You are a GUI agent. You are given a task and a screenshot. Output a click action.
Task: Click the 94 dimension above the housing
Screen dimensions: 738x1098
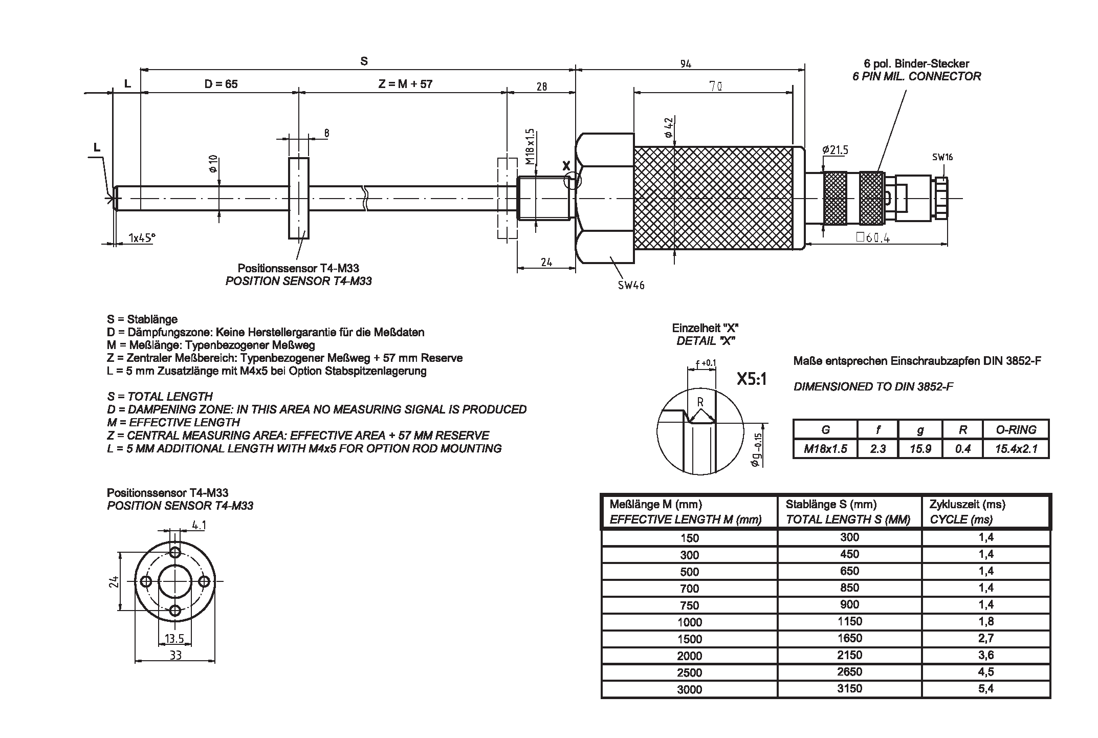pyautogui.click(x=686, y=64)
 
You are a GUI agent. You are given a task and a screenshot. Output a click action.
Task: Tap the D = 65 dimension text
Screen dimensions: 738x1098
pyautogui.click(x=221, y=84)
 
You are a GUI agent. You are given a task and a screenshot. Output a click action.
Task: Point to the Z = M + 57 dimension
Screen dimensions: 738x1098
pyautogui.click(x=405, y=84)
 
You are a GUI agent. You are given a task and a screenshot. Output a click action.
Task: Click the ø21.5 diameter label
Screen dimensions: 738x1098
pyautogui.click(x=835, y=150)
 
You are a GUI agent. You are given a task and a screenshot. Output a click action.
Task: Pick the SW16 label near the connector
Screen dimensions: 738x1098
pyautogui.click(x=942, y=157)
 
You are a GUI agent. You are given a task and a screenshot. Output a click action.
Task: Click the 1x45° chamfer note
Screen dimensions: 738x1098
pyautogui.click(x=142, y=238)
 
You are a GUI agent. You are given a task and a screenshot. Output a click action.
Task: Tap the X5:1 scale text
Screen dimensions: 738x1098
pyautogui.click(x=751, y=379)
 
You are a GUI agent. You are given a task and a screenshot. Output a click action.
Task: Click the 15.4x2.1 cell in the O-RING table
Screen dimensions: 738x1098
pyautogui.click(x=1016, y=449)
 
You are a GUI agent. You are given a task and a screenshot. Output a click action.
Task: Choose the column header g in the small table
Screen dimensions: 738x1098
pyautogui.click(x=920, y=430)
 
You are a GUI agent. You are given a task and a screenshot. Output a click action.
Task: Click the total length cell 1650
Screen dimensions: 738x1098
pyautogui.click(x=849, y=638)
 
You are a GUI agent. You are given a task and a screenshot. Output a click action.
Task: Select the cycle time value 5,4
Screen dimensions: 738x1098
pyautogui.click(x=986, y=688)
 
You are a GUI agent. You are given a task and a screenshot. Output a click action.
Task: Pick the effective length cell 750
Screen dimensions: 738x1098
pyautogui.click(x=689, y=605)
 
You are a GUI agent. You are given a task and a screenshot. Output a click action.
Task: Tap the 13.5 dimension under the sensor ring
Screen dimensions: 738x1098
pyautogui.click(x=174, y=638)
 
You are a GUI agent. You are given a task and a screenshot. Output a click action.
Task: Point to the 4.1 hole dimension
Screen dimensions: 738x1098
pyautogui.click(x=199, y=525)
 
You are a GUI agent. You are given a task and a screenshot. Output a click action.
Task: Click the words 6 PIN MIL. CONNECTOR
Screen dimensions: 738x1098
pyautogui.click(x=916, y=77)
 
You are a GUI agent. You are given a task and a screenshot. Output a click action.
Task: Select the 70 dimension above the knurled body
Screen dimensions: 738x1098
pyautogui.click(x=716, y=86)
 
